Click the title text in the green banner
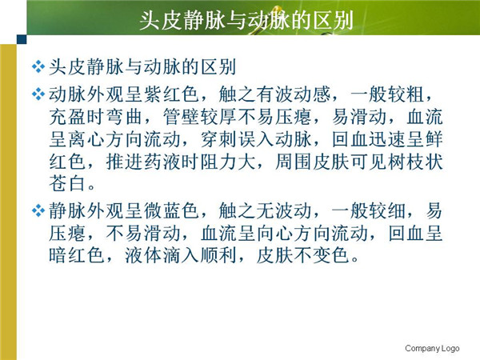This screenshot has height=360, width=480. point(246,21)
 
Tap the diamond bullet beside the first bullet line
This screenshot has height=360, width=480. point(38,66)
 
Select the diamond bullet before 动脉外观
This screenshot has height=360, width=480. point(38,94)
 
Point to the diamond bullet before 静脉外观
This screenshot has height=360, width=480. point(38,211)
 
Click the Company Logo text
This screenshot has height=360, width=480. point(432,348)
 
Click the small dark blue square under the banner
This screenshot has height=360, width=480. point(22,39)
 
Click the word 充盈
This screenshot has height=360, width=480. point(67,117)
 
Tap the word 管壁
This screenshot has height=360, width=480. point(182,117)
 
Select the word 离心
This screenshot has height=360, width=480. point(86,139)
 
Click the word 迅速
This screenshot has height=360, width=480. point(388,139)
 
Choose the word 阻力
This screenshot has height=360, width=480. point(219,162)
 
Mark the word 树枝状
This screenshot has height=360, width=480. point(416,162)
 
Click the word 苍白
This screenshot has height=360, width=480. point(67,184)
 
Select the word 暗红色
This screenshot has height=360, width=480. point(77,255)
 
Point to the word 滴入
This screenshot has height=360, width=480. point(182,255)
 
